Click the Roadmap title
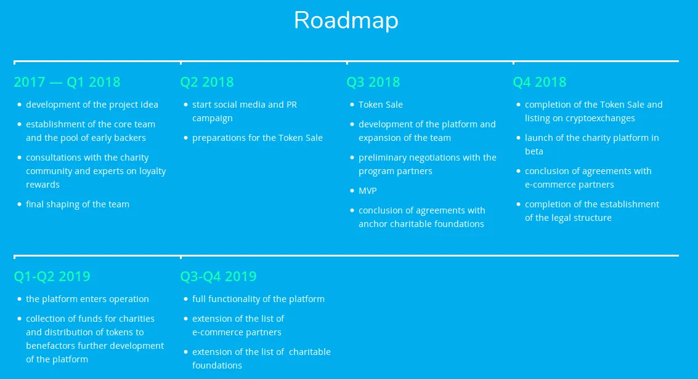346,20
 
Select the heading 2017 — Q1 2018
67,82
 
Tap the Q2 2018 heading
207,82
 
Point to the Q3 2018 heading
373,82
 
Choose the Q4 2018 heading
540,82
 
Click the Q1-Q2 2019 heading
52,276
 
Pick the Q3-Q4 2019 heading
219,276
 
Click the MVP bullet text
368,191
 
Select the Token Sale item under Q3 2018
381,105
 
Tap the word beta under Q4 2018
534,151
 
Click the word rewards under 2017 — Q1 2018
43,185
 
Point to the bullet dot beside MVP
352,191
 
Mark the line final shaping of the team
78,204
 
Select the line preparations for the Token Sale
258,138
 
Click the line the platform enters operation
87,300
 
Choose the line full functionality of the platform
258,300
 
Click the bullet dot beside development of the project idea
19,105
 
